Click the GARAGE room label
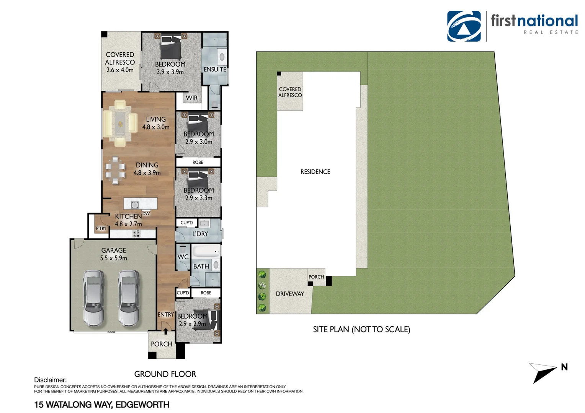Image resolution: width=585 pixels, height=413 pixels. pos(114,250)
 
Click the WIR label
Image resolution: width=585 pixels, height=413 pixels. pos(192,98)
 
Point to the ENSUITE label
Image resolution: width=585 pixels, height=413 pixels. pos(215,69)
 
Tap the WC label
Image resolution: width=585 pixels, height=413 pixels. pos(183,257)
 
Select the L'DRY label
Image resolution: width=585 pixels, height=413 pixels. pos(200,234)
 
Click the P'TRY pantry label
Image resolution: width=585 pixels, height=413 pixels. pos(101,229)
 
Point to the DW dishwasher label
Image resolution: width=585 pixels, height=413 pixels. pos(146,213)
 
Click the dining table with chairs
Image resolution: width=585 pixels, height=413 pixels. pos(115,171)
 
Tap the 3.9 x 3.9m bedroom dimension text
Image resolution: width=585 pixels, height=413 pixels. pos(170,72)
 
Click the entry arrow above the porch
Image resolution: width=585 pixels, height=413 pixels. pos(166,331)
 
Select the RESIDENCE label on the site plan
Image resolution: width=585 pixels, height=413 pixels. pos(315,172)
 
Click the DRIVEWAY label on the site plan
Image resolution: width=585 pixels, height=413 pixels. pos(290,294)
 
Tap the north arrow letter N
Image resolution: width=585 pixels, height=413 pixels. pos(564,367)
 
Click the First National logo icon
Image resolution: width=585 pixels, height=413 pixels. pos(464,26)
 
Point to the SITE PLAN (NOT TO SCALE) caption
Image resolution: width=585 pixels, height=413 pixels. pos(361,329)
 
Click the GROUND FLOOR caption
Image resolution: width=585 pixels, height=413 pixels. pos(165,374)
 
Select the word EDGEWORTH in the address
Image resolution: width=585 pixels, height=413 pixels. pos(142,405)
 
